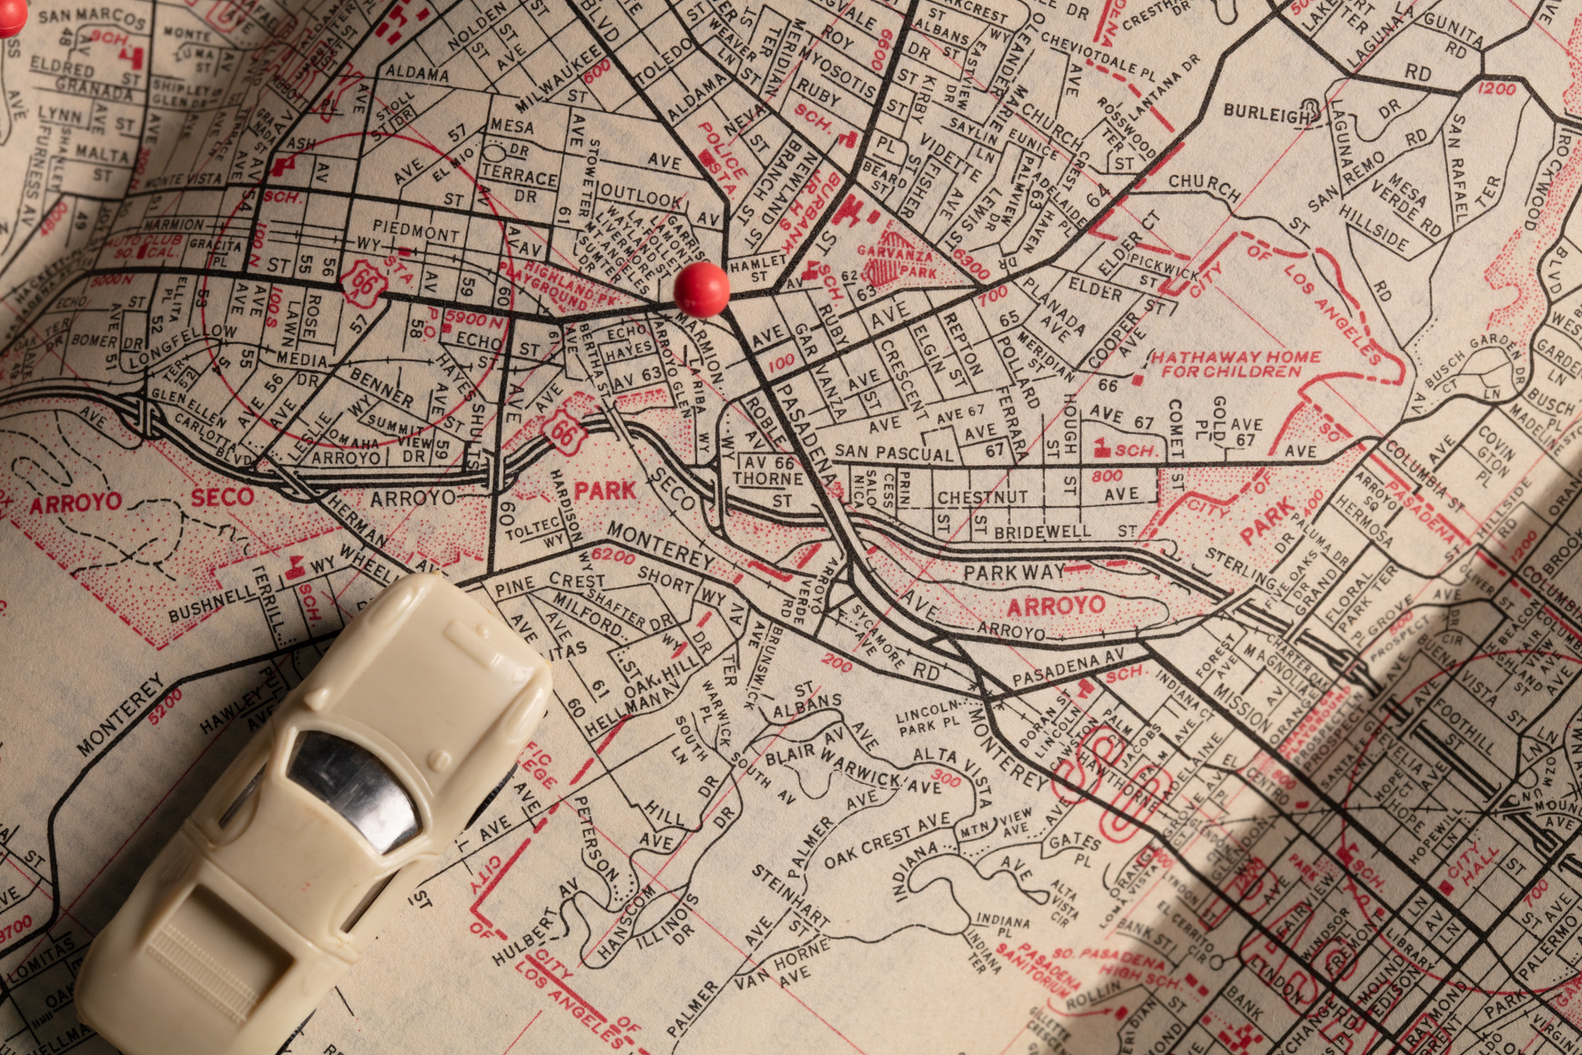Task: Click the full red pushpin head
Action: point(701,288)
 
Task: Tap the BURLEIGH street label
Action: point(1265,114)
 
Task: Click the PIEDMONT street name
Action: point(416,230)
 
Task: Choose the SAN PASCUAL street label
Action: point(894,451)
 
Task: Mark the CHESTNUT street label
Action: point(982,498)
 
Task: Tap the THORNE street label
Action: point(768,479)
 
